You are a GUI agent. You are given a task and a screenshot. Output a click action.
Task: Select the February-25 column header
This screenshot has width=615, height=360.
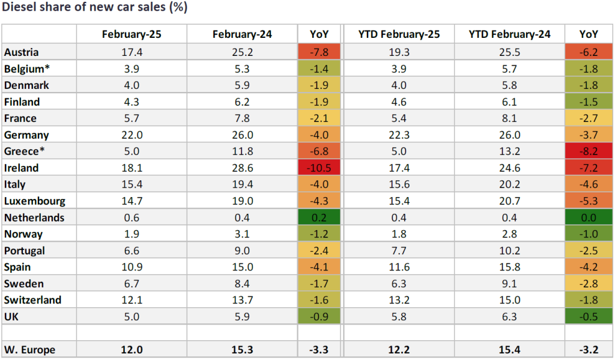(x=132, y=34)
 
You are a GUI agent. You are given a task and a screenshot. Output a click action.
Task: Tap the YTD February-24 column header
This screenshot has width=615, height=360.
(x=509, y=34)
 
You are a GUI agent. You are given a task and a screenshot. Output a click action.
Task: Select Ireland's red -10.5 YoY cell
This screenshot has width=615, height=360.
(x=319, y=168)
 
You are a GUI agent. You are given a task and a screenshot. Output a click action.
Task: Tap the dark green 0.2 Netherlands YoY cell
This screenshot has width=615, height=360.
(x=319, y=218)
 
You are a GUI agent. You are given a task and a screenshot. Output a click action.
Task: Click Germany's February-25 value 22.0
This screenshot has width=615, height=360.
(x=132, y=135)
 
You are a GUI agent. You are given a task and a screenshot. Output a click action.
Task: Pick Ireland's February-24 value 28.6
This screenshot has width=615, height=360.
(x=242, y=168)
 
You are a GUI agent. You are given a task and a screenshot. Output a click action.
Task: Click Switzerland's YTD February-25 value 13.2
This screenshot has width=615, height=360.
(x=397, y=300)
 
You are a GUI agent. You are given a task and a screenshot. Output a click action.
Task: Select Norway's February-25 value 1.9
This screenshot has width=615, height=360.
(x=132, y=234)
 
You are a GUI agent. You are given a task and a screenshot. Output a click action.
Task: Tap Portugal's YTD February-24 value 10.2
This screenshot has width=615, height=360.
(x=509, y=251)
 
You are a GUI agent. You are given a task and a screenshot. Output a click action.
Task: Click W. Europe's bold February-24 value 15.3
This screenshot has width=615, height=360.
(x=242, y=349)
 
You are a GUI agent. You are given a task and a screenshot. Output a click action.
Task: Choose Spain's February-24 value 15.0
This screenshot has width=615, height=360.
(x=242, y=267)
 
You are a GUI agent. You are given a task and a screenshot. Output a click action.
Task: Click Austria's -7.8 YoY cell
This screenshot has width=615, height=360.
(x=319, y=53)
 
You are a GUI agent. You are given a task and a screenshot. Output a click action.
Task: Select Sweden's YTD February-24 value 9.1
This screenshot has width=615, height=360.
(x=509, y=283)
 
